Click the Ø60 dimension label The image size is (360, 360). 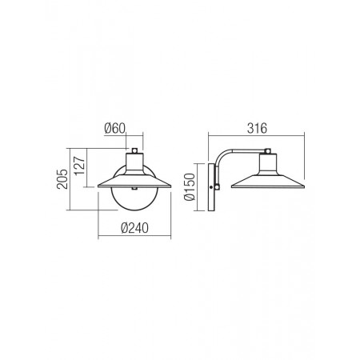[x=114, y=129]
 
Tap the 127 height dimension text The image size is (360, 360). [x=80, y=166]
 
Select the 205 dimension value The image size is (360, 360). [x=62, y=179]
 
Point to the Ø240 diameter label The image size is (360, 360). [x=134, y=228]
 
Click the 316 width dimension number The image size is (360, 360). [x=257, y=128]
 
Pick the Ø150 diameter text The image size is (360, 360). [x=190, y=187]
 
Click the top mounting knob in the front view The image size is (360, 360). [x=134, y=151]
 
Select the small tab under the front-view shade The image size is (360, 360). [x=134, y=189]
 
